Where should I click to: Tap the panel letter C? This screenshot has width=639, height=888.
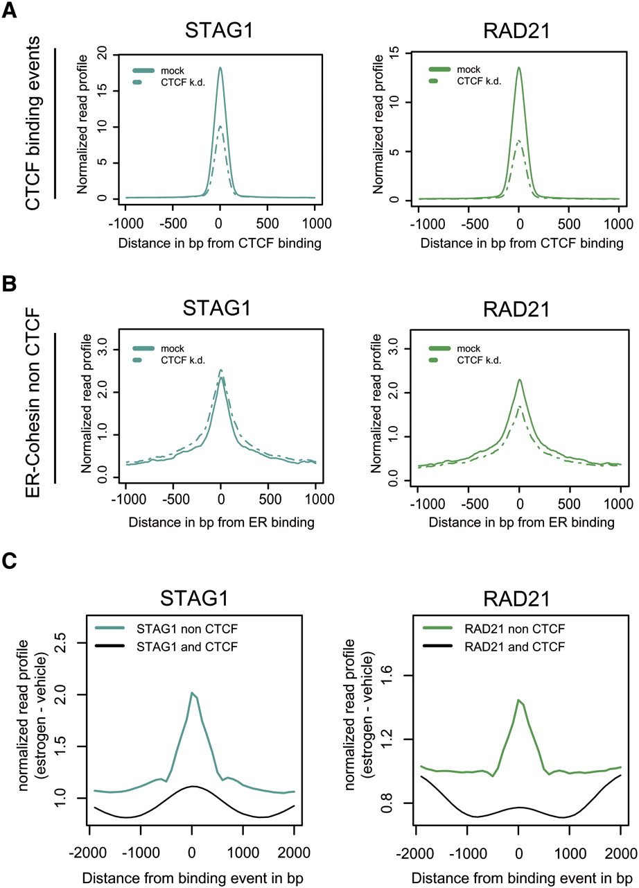pos(11,561)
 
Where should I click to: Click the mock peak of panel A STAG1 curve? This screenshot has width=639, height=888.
pos(220,68)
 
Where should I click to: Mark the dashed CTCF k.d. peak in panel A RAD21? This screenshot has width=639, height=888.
pos(519,141)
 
